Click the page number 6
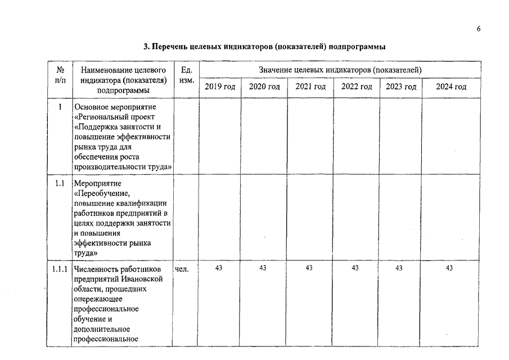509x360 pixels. pyautogui.click(x=479, y=29)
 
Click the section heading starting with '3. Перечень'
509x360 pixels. pyautogui.click(x=264, y=47)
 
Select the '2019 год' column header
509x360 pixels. pyautogui.click(x=220, y=87)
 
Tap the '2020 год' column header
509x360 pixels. pyautogui.click(x=264, y=87)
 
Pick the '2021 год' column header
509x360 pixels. pyautogui.click(x=310, y=87)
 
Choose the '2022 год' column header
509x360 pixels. pyautogui.click(x=357, y=87)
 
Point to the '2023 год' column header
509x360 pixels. pyautogui.click(x=400, y=87)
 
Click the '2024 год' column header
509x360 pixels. pyautogui.click(x=451, y=87)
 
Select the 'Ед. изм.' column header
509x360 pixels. pyautogui.click(x=186, y=75)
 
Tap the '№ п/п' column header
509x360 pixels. pyautogui.click(x=60, y=75)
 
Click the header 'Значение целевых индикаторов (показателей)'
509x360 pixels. pyautogui.click(x=340, y=70)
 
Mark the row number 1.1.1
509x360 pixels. pyautogui.click(x=60, y=269)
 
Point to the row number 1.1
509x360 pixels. pyautogui.click(x=60, y=183)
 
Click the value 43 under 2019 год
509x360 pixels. pyautogui.click(x=219, y=268)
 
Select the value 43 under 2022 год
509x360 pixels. pyautogui.click(x=355, y=268)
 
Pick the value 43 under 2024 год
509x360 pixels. pyautogui.click(x=449, y=268)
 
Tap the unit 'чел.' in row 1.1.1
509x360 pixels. pyautogui.click(x=182, y=269)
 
